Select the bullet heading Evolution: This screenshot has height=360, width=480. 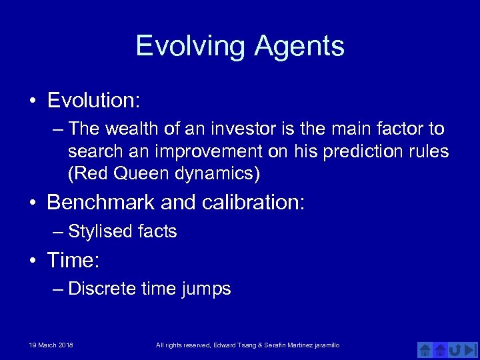[x=93, y=101]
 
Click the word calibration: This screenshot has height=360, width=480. [x=249, y=202]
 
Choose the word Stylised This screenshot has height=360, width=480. [x=101, y=231]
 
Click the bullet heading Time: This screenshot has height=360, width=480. [x=73, y=260]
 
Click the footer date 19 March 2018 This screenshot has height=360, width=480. [x=51, y=345]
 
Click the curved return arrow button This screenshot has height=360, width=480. [x=455, y=349]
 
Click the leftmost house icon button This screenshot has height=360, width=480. [x=425, y=349]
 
